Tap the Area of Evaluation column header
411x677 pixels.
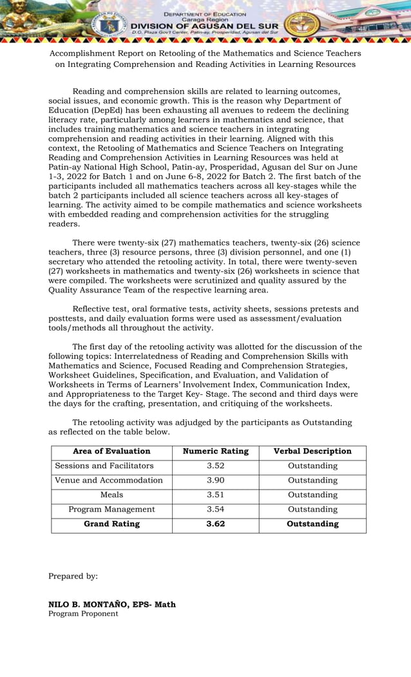(111, 452)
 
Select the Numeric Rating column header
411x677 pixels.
(215, 452)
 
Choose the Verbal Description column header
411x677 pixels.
(312, 452)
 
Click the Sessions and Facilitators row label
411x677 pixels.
(104, 466)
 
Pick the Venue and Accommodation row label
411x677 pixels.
(109, 481)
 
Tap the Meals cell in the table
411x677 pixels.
(111, 495)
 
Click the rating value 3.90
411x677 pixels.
(215, 481)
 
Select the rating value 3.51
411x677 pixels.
(215, 495)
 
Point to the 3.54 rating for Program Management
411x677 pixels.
(215, 510)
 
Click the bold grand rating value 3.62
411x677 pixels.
(215, 524)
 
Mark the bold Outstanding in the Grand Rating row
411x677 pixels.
(312, 524)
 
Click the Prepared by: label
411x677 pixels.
(73, 577)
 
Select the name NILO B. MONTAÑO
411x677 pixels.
(89, 605)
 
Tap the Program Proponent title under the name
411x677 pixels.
(83, 614)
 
